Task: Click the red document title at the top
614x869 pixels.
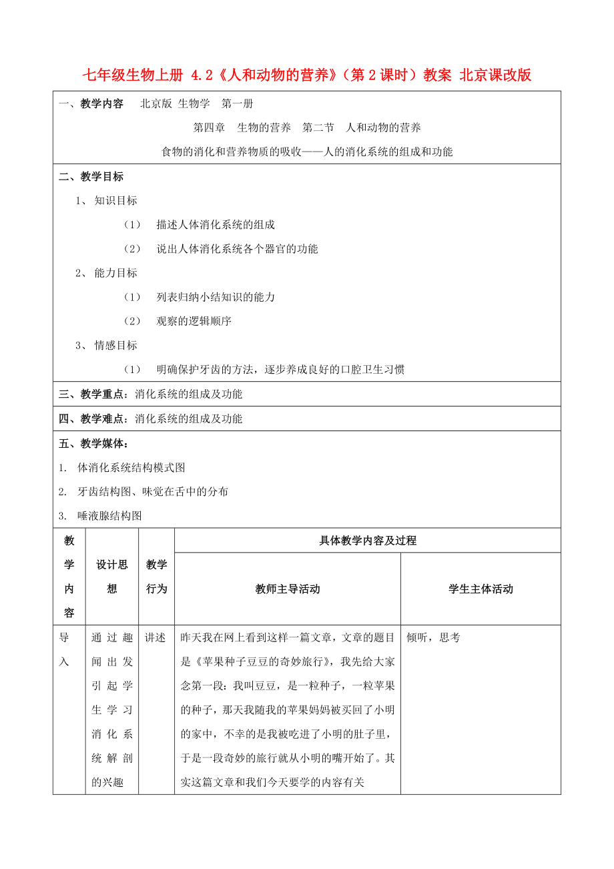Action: [x=306, y=75]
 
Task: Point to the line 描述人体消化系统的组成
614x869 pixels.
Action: [x=216, y=225]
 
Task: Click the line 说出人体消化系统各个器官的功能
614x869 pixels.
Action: [x=237, y=249]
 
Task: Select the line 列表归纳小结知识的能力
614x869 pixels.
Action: [x=216, y=297]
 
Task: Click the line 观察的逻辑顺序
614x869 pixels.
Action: [x=194, y=321]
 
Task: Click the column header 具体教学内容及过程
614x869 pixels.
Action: [x=368, y=541]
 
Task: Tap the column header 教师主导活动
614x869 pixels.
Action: [x=288, y=589]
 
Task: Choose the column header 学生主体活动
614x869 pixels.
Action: [x=481, y=589]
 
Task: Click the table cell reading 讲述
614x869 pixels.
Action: [x=156, y=638]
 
